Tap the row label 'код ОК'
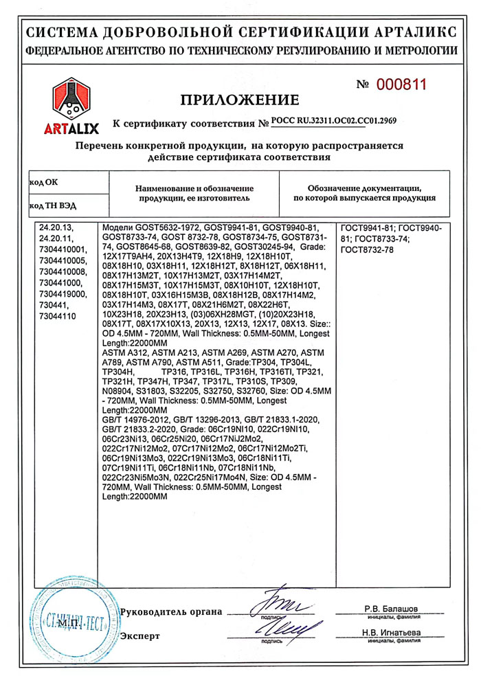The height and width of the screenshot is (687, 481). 43,183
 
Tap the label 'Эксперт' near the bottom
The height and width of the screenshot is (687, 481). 140,635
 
